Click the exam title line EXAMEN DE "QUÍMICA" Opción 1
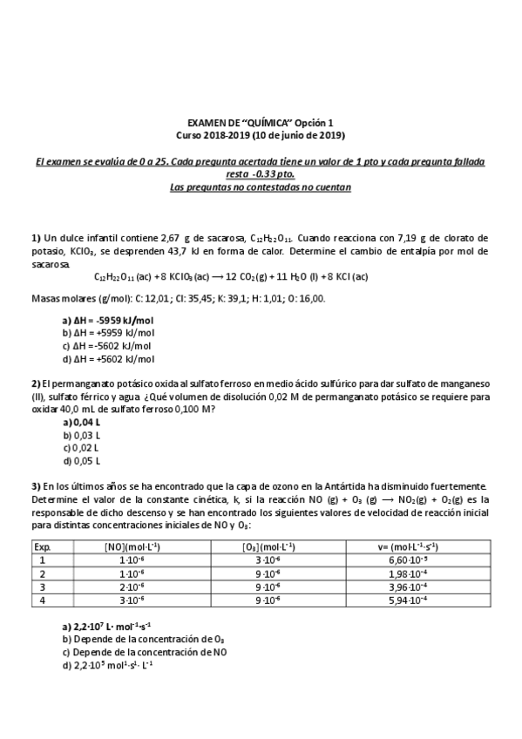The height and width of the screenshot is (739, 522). click(x=261, y=124)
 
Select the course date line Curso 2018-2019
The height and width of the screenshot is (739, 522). click(x=261, y=136)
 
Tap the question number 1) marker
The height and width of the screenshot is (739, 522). click(x=37, y=238)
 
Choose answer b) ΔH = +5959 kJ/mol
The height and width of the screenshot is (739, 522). click(x=108, y=333)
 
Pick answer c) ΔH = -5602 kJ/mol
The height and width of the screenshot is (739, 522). click(x=107, y=345)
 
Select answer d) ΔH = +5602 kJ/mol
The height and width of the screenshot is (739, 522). click(x=108, y=358)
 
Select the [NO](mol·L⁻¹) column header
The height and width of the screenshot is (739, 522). click(x=131, y=546)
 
